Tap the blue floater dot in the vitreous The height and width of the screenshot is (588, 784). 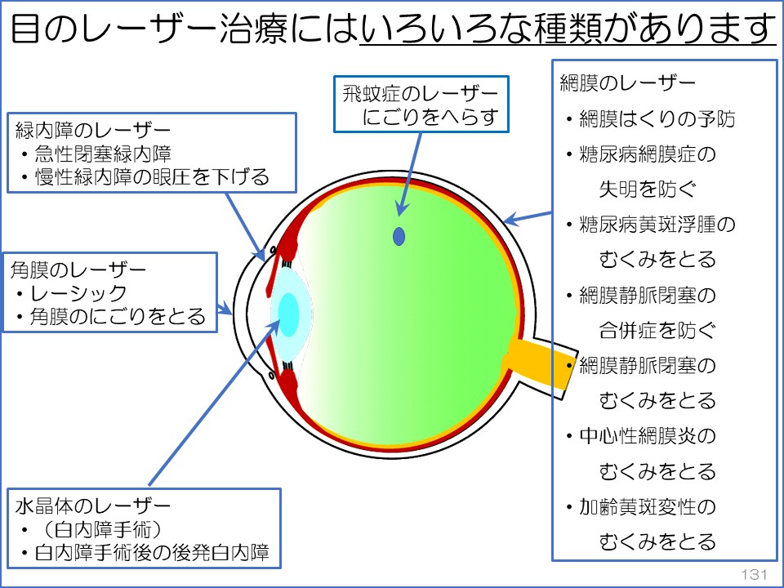click(x=399, y=236)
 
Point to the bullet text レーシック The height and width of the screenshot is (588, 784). click(x=78, y=293)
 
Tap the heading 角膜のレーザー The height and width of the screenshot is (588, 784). click(x=78, y=269)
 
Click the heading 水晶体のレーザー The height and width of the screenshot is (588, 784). click(x=93, y=505)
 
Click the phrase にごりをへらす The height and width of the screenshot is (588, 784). click(x=431, y=117)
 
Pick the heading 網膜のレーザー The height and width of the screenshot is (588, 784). click(x=627, y=82)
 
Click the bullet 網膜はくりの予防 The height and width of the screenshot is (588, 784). click(x=656, y=119)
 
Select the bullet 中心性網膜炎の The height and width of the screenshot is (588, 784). click(x=647, y=436)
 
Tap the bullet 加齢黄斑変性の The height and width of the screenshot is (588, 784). click(x=647, y=506)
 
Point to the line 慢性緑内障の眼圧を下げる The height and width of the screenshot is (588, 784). click(x=152, y=177)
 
